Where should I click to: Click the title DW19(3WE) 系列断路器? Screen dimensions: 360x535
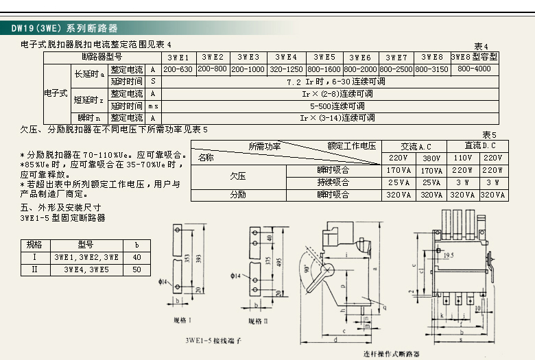(x=64, y=29)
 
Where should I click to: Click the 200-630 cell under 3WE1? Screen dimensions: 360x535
(x=178, y=69)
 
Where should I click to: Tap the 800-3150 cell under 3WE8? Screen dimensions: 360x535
(x=431, y=69)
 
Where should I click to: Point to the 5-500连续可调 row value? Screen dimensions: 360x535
(x=337, y=106)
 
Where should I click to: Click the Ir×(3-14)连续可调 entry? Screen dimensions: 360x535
(x=337, y=118)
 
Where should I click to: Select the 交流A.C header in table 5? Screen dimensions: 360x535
(x=416, y=146)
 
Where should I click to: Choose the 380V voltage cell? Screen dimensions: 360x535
(x=431, y=158)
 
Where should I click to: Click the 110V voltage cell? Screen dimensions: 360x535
(x=463, y=158)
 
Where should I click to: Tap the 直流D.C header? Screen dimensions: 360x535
(x=478, y=146)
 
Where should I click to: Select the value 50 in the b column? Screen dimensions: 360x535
(x=137, y=269)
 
